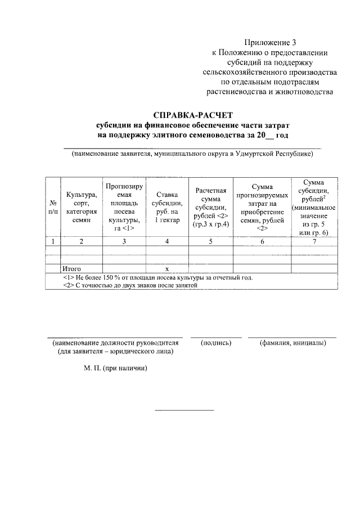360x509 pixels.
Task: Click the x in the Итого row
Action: [x=167, y=269]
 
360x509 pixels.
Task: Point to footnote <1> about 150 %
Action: [x=158, y=277]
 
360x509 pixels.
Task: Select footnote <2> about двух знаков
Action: [x=131, y=285]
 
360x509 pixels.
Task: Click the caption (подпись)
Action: [x=216, y=343]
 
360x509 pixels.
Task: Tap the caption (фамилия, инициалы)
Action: [x=292, y=343]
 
